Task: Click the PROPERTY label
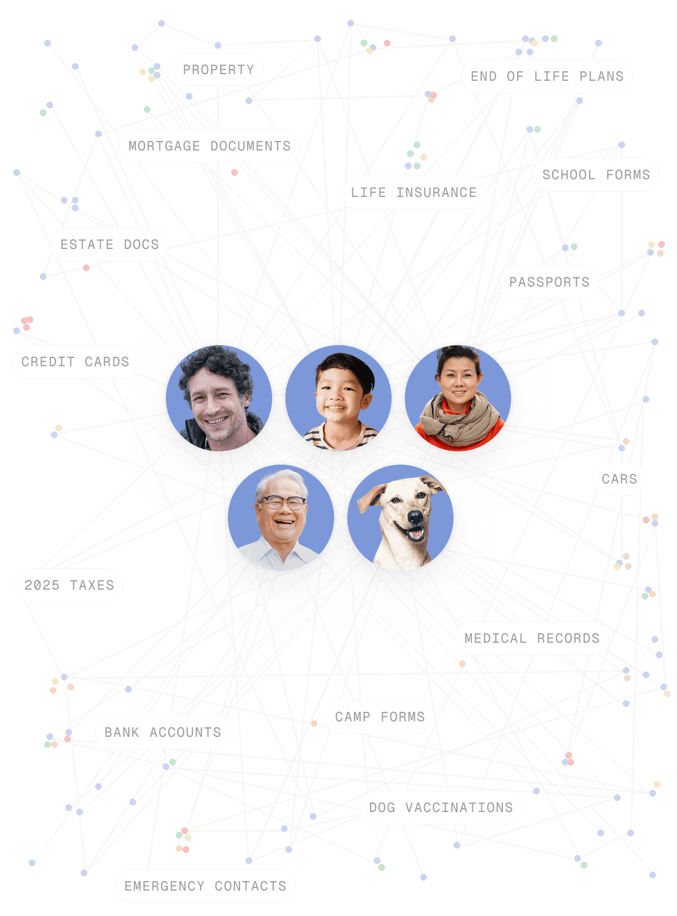coord(218,70)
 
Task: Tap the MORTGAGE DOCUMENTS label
coord(210,146)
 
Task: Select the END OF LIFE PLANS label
coord(547,76)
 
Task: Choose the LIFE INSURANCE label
coord(414,192)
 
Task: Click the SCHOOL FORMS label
coord(596,175)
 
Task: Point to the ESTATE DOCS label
coord(110,244)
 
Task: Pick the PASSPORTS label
coord(549,282)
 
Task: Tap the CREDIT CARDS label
coord(75,362)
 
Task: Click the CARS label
coord(619,479)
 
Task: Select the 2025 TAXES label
coord(69,585)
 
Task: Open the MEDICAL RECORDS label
coord(532,638)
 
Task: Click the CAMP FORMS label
coord(380,717)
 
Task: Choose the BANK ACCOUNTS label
coord(163,732)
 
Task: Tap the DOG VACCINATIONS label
coord(441,808)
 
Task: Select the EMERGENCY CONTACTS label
coord(205,886)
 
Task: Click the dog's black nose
coord(414,517)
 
